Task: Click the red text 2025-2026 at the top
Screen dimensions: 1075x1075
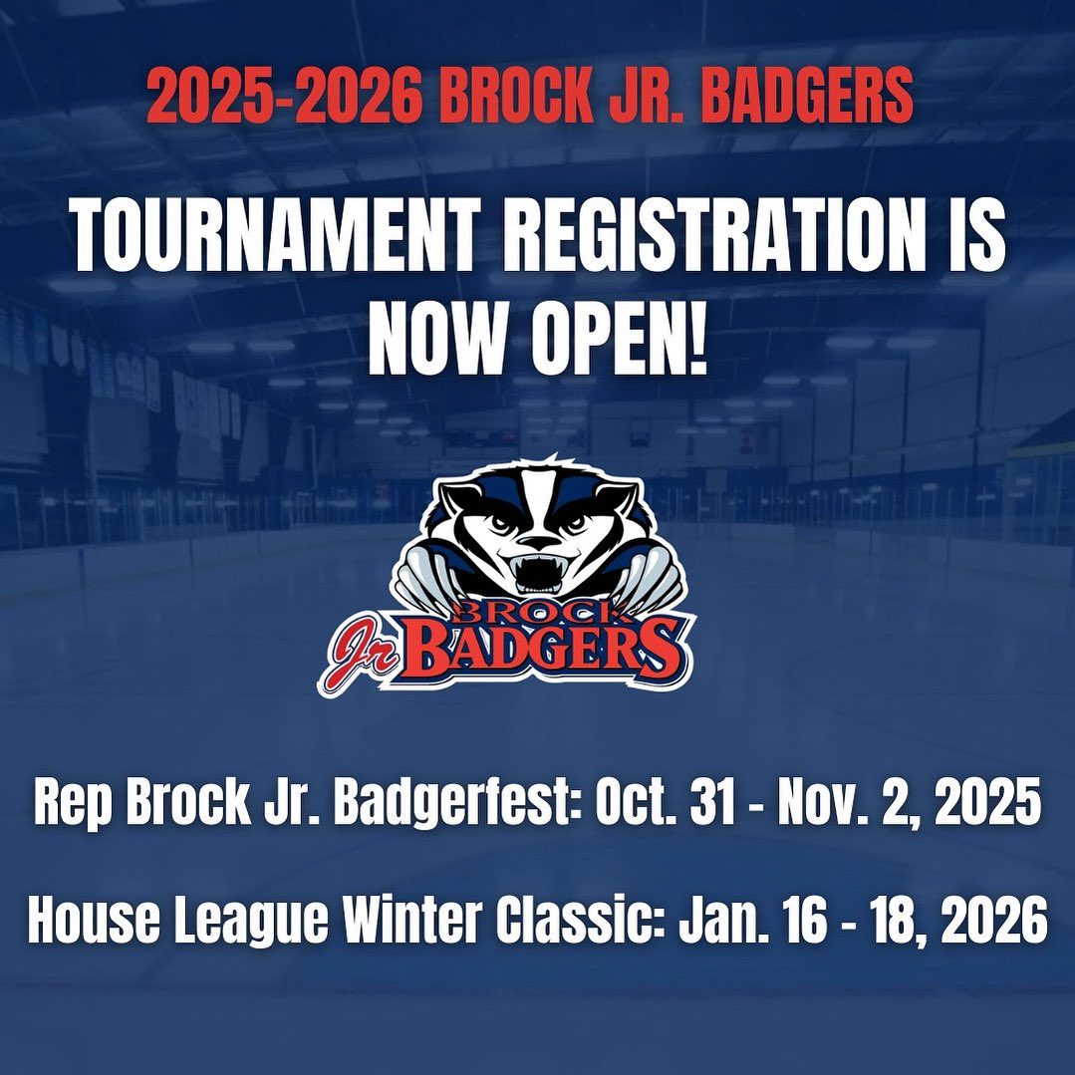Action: point(284,97)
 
